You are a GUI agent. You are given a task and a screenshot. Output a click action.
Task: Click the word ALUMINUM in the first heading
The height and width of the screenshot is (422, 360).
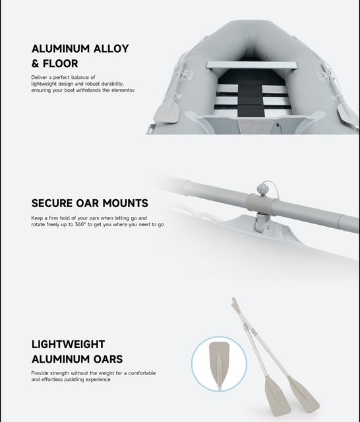coord(61,49)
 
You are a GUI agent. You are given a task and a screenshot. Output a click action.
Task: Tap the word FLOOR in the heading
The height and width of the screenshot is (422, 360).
coord(60,64)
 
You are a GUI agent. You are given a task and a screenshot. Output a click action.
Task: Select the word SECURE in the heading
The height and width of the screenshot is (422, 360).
coord(52,203)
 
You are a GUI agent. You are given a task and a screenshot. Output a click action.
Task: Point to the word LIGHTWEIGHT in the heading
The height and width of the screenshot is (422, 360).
coord(68,344)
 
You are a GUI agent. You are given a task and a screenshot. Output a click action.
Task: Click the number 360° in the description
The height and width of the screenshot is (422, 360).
coord(80,224)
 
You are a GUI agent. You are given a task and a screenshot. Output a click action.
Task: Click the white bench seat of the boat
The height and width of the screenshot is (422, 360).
coord(252,65)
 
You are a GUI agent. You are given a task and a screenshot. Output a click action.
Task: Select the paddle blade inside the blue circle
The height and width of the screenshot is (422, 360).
coord(219,362)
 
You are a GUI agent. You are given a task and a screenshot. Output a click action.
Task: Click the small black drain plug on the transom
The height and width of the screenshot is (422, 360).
coord(278,125)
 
